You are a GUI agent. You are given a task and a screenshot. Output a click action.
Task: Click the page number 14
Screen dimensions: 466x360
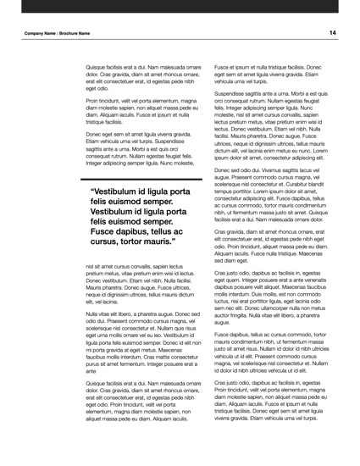pos(333,32)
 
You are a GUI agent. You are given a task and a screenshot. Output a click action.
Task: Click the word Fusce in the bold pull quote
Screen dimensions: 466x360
pos(106,229)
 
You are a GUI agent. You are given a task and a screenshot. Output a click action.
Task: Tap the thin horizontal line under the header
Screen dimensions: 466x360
pos(180,40)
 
